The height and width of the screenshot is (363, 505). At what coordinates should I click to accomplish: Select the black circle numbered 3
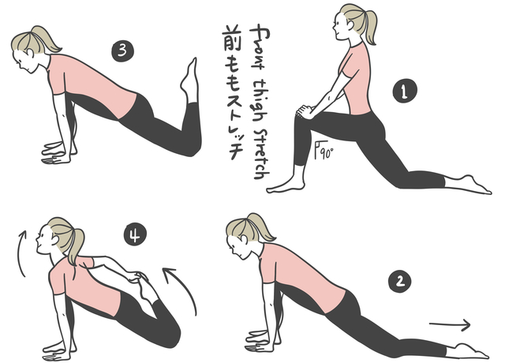(x=122, y=51)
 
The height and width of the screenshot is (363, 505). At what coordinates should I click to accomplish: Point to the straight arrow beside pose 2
(x=450, y=324)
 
